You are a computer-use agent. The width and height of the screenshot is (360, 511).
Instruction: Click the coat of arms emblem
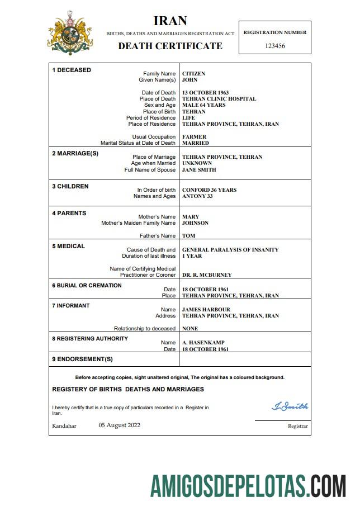point(70,34)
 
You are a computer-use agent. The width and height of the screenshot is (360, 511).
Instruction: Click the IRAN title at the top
point(170,21)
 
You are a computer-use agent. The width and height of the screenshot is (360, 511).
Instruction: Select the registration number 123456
point(274,46)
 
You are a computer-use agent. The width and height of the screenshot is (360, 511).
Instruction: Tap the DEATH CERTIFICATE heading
point(170,46)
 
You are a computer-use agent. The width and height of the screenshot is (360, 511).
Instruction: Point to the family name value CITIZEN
point(193,74)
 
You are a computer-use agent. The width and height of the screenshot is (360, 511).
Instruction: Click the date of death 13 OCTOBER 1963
point(205,93)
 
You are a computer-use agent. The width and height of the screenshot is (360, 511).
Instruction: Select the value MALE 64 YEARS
point(203,105)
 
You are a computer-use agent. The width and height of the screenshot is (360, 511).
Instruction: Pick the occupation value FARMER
point(194,137)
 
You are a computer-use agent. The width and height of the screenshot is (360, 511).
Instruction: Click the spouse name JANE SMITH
point(199,170)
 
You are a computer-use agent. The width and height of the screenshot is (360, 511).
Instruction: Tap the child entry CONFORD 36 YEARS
point(209,190)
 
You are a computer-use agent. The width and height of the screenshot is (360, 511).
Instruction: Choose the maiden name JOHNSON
point(195,223)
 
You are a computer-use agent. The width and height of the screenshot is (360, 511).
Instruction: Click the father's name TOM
point(188,236)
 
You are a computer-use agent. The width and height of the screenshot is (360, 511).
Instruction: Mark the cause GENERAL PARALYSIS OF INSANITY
point(230,250)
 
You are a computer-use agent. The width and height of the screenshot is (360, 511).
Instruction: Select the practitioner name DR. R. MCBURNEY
point(207,275)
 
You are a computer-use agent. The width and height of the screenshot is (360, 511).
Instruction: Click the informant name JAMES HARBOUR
point(206,310)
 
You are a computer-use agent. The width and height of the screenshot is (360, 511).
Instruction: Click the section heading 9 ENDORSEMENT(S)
point(82,359)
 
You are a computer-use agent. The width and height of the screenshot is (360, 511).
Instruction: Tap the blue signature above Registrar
point(290,406)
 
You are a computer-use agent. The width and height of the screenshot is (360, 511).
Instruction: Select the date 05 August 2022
point(119,425)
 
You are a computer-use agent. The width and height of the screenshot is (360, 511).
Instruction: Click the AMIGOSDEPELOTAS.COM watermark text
point(248,485)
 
